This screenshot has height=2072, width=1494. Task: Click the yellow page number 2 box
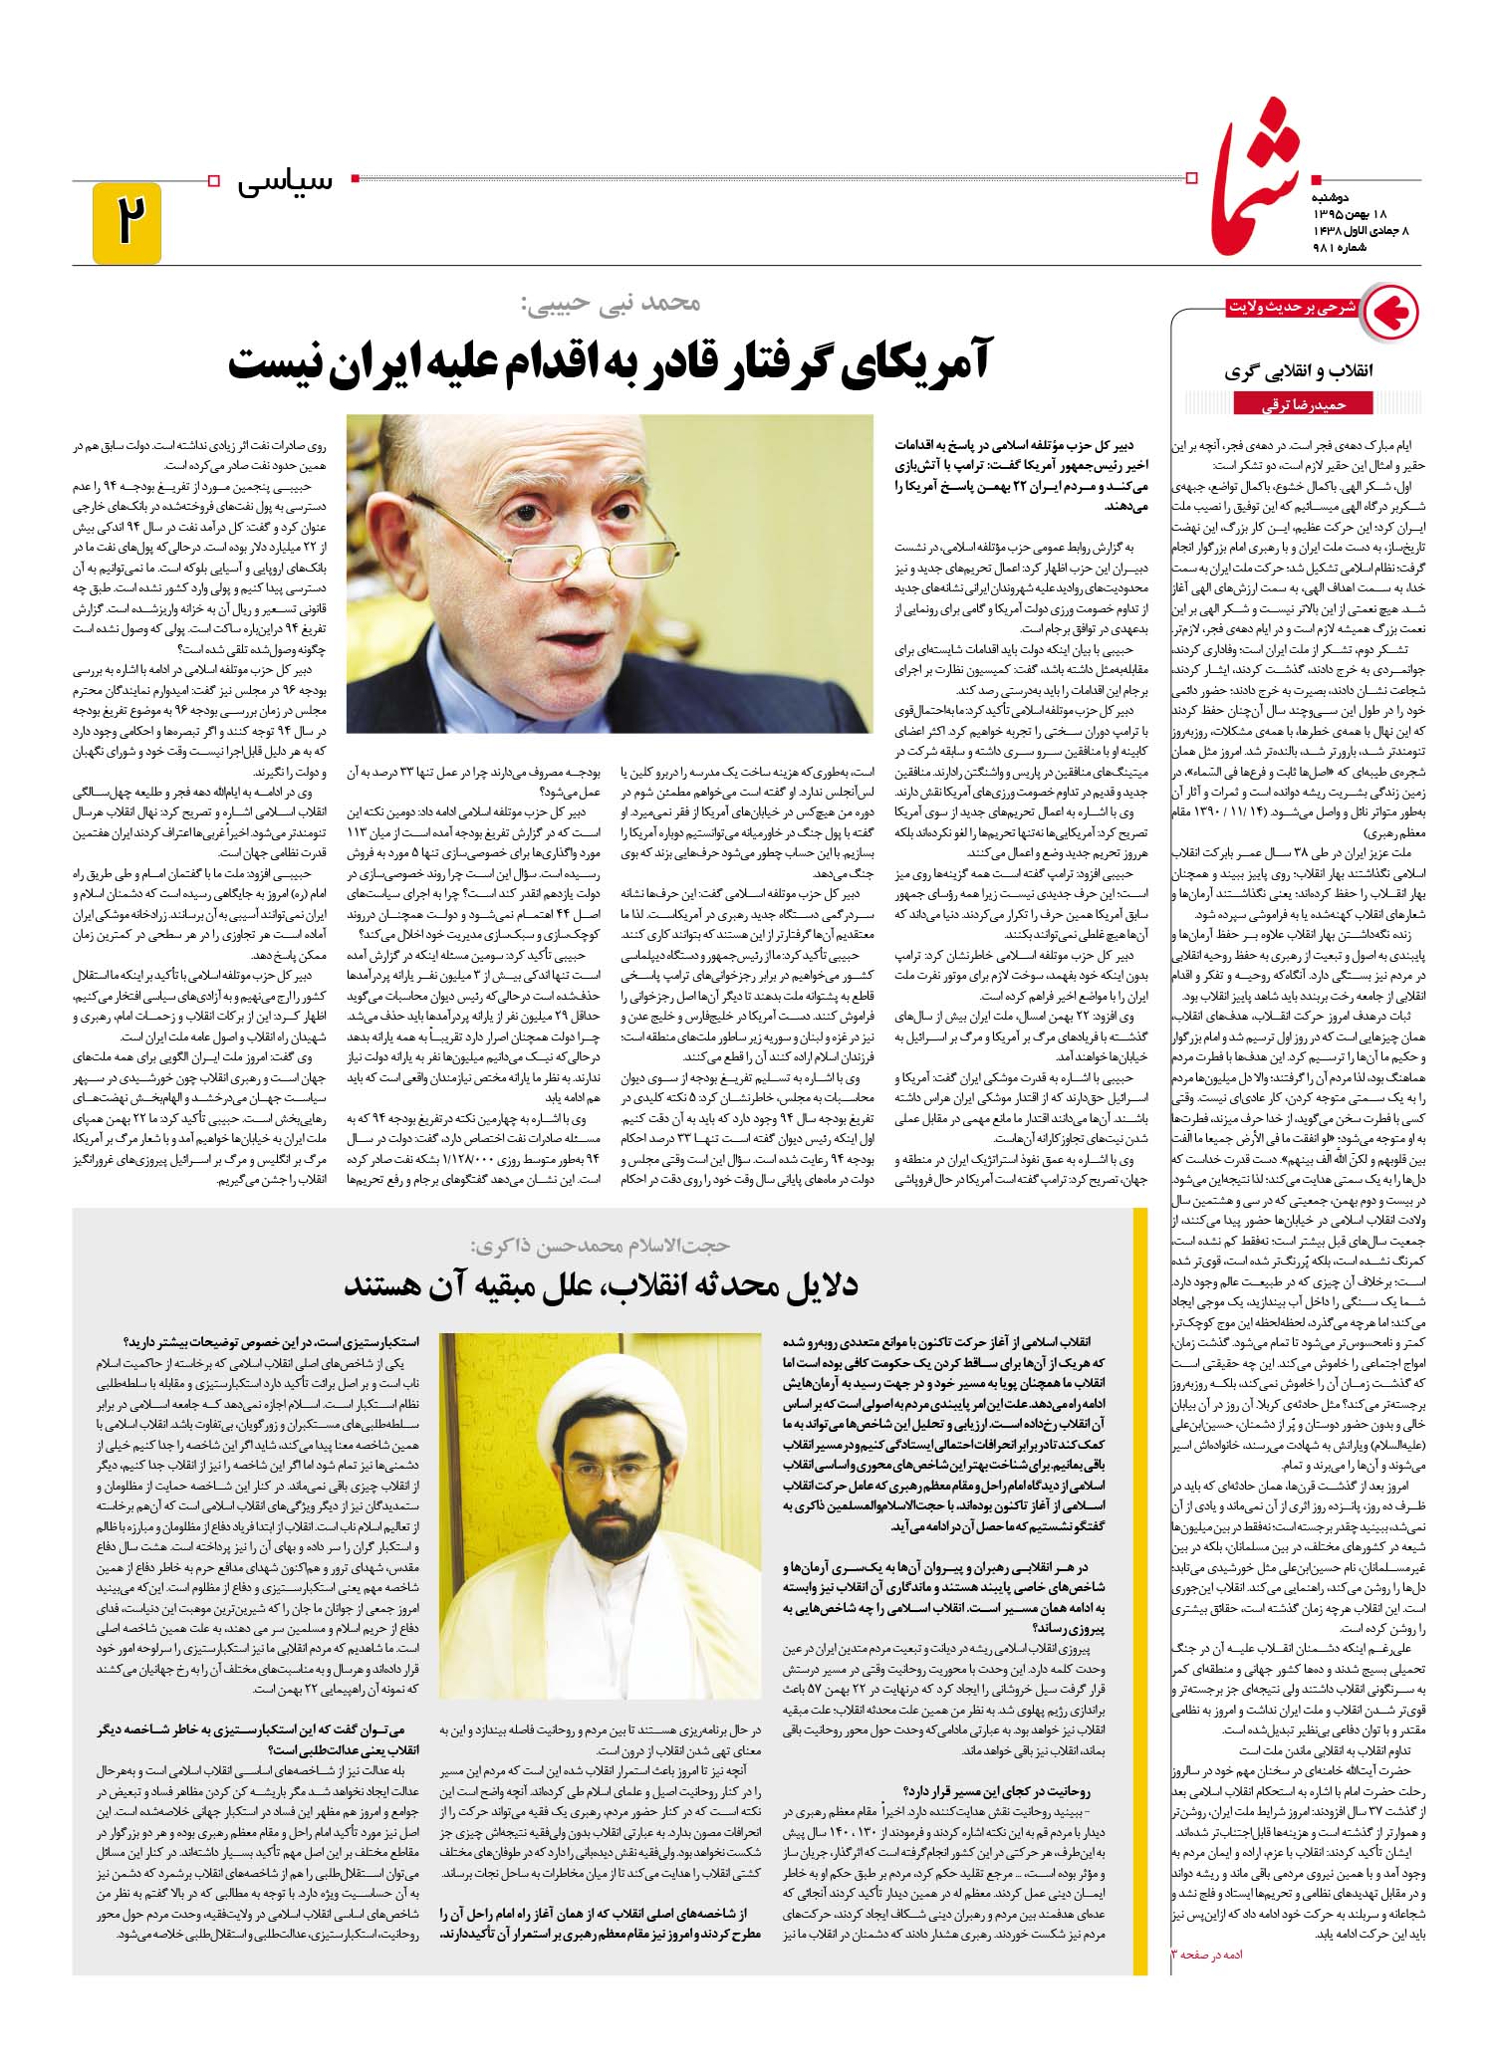click(126, 222)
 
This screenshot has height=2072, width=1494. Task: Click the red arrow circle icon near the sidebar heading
click(1389, 313)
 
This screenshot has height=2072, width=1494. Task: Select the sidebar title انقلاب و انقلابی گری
click(1300, 372)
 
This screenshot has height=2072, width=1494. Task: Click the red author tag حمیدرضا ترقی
click(1303, 404)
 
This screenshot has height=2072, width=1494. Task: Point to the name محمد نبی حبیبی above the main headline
click(609, 303)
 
